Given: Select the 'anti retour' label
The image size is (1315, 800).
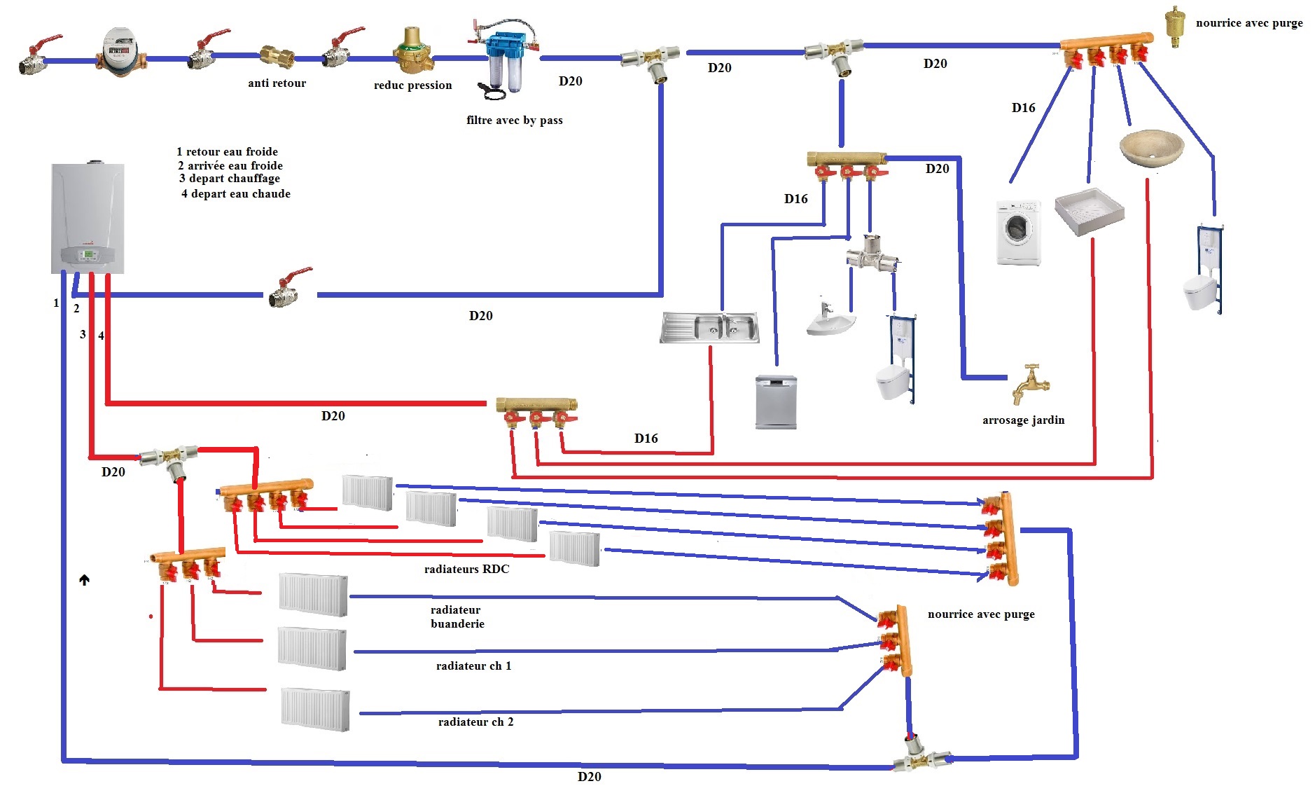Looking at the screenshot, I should [277, 83].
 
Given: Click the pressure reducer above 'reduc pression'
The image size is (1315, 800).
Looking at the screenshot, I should [412, 52].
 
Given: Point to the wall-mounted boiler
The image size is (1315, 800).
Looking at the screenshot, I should [88, 218].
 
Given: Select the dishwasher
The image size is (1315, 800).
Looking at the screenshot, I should [776, 402].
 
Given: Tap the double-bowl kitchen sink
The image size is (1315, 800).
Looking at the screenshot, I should [709, 328].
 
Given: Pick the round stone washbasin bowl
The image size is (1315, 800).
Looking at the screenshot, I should [1151, 147].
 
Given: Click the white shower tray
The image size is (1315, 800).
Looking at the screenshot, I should [1089, 209].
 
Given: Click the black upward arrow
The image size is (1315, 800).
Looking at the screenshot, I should [84, 580].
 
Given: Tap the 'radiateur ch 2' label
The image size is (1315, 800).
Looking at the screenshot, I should [475, 722].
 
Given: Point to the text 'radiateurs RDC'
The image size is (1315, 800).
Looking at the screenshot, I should [466, 570].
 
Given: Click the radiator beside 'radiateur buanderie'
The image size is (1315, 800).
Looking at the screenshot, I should [313, 595].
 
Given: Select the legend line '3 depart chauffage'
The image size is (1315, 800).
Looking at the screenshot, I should [230, 179].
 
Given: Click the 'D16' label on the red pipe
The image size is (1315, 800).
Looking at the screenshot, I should [646, 439].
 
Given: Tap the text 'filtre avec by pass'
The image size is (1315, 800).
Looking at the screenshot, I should [514, 120].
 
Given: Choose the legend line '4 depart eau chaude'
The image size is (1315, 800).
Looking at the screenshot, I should [235, 194].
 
